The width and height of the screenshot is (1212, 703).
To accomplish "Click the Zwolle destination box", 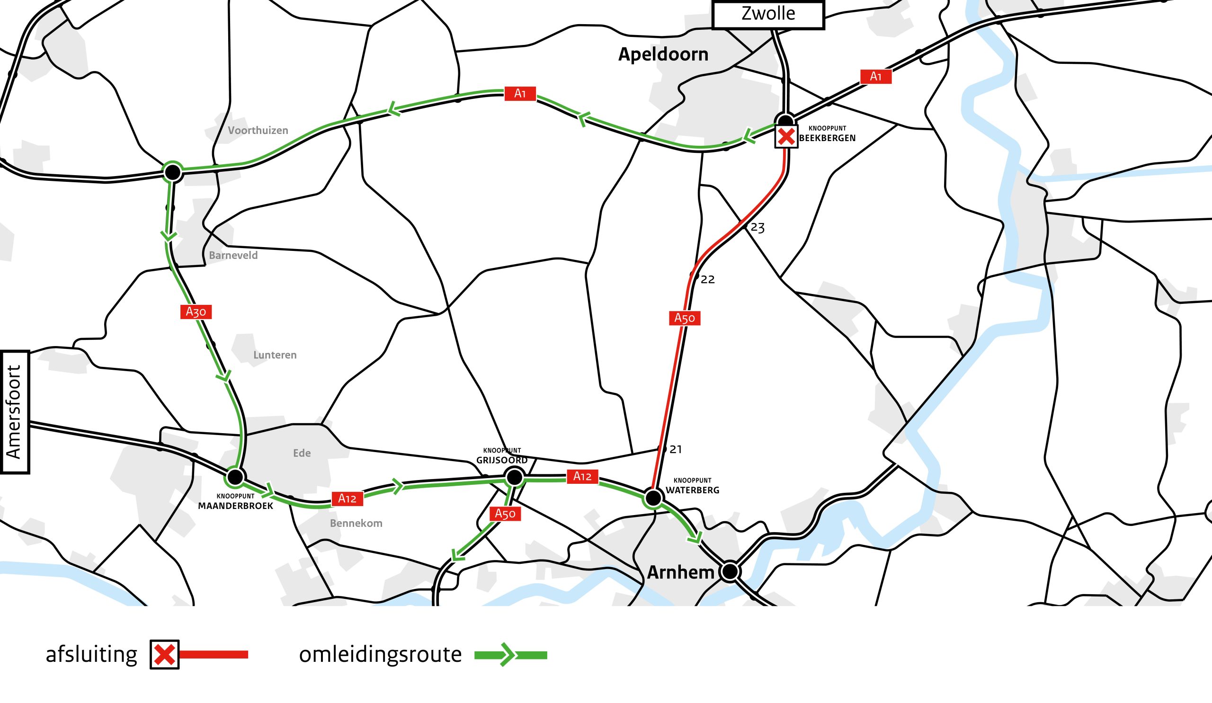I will [767, 14].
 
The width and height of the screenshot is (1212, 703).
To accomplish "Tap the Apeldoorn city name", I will [663, 54].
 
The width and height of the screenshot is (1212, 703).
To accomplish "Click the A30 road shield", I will [196, 312].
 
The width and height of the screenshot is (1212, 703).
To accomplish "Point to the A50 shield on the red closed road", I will [685, 318].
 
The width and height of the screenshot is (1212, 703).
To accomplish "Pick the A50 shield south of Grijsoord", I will [505, 514].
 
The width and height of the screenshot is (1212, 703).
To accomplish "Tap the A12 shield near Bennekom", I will [347, 498].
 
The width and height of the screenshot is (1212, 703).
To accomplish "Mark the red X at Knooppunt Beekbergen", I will [786, 136].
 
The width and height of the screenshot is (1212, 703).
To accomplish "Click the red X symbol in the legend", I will [164, 655].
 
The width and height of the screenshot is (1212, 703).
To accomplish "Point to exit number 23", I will [757, 228].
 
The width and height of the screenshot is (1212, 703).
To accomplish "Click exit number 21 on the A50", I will [676, 450].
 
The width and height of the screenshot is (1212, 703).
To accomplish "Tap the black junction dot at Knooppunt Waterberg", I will [653, 498].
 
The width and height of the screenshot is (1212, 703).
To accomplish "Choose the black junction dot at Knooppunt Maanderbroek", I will [235, 477].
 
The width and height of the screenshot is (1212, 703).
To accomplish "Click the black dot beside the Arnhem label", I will [730, 572].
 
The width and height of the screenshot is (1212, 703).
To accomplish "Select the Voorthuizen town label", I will [258, 131].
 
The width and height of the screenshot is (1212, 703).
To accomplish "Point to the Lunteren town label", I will [275, 356].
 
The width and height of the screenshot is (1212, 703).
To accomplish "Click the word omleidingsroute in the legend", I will [380, 655].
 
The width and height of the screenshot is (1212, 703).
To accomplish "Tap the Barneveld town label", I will [233, 256].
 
